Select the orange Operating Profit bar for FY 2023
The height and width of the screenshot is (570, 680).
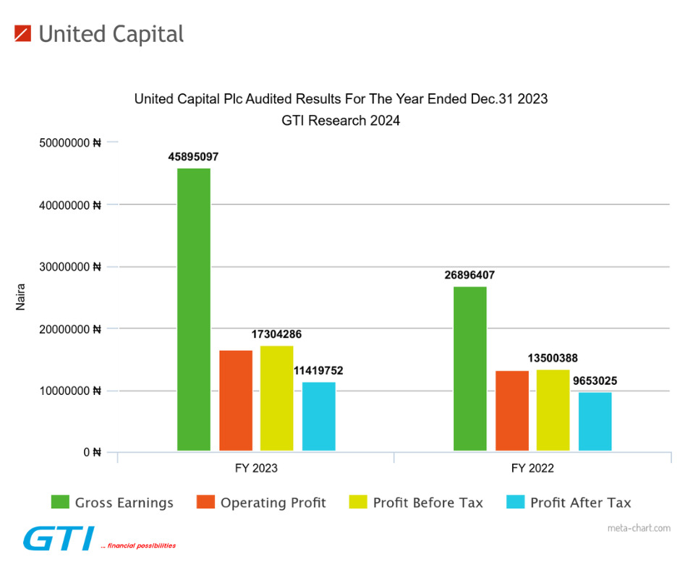click(236, 401)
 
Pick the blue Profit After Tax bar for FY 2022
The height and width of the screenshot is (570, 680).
click(595, 422)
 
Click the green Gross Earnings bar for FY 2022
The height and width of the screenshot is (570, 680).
click(470, 369)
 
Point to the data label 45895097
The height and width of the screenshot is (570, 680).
click(194, 156)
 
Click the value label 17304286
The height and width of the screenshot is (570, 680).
click(277, 334)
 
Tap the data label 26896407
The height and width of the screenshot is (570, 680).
click(470, 275)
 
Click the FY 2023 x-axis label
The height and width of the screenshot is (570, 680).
click(256, 468)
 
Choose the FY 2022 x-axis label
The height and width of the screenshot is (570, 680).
click(532, 468)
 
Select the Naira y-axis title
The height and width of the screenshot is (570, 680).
click(21, 297)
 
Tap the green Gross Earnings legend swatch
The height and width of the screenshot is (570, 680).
click(60, 502)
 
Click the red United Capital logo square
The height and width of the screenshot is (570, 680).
click(22, 33)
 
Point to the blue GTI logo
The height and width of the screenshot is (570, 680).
click(58, 539)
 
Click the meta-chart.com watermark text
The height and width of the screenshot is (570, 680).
click(639, 528)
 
